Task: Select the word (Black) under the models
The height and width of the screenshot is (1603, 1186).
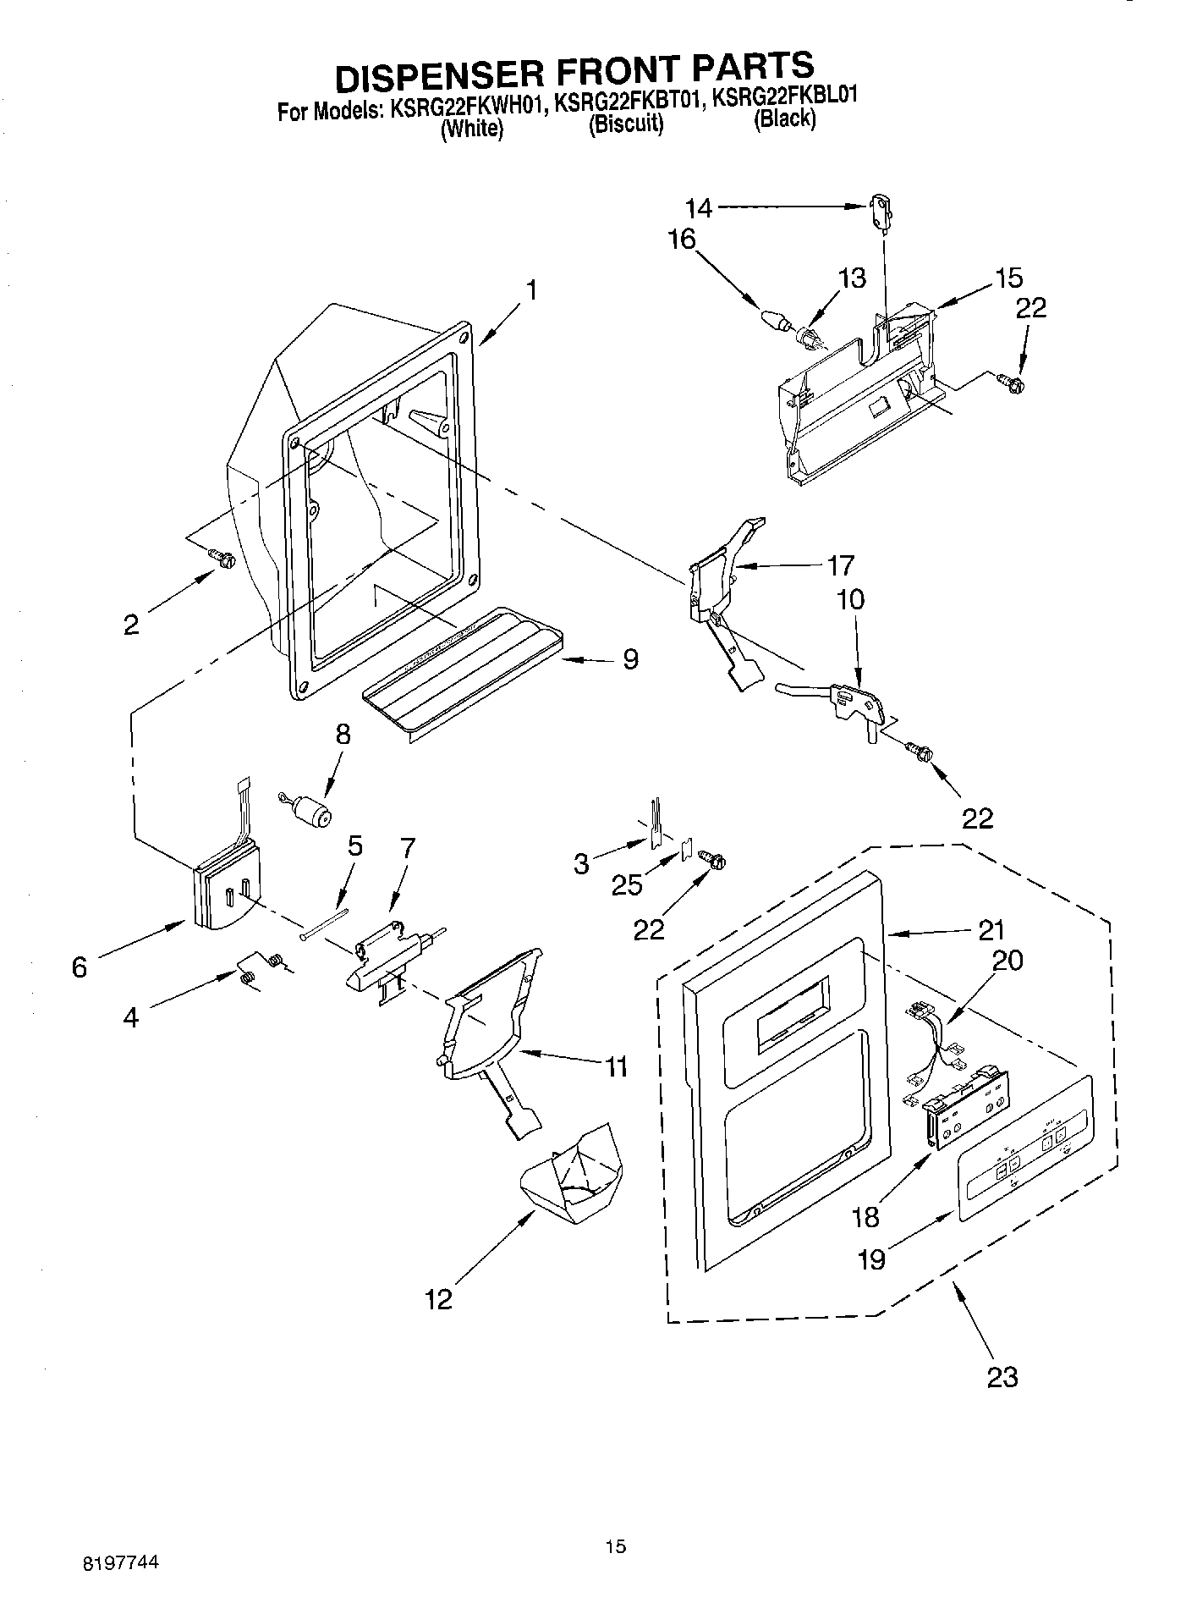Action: coord(784,119)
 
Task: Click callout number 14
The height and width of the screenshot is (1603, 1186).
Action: coord(699,207)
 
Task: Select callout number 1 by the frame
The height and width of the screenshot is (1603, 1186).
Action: coord(530,290)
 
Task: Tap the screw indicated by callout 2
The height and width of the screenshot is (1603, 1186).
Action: coord(222,558)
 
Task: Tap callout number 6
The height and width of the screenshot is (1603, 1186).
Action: coord(79,967)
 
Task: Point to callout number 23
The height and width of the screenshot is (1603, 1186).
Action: coord(1002,1376)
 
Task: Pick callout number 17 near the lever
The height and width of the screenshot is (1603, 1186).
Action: coord(840,565)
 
